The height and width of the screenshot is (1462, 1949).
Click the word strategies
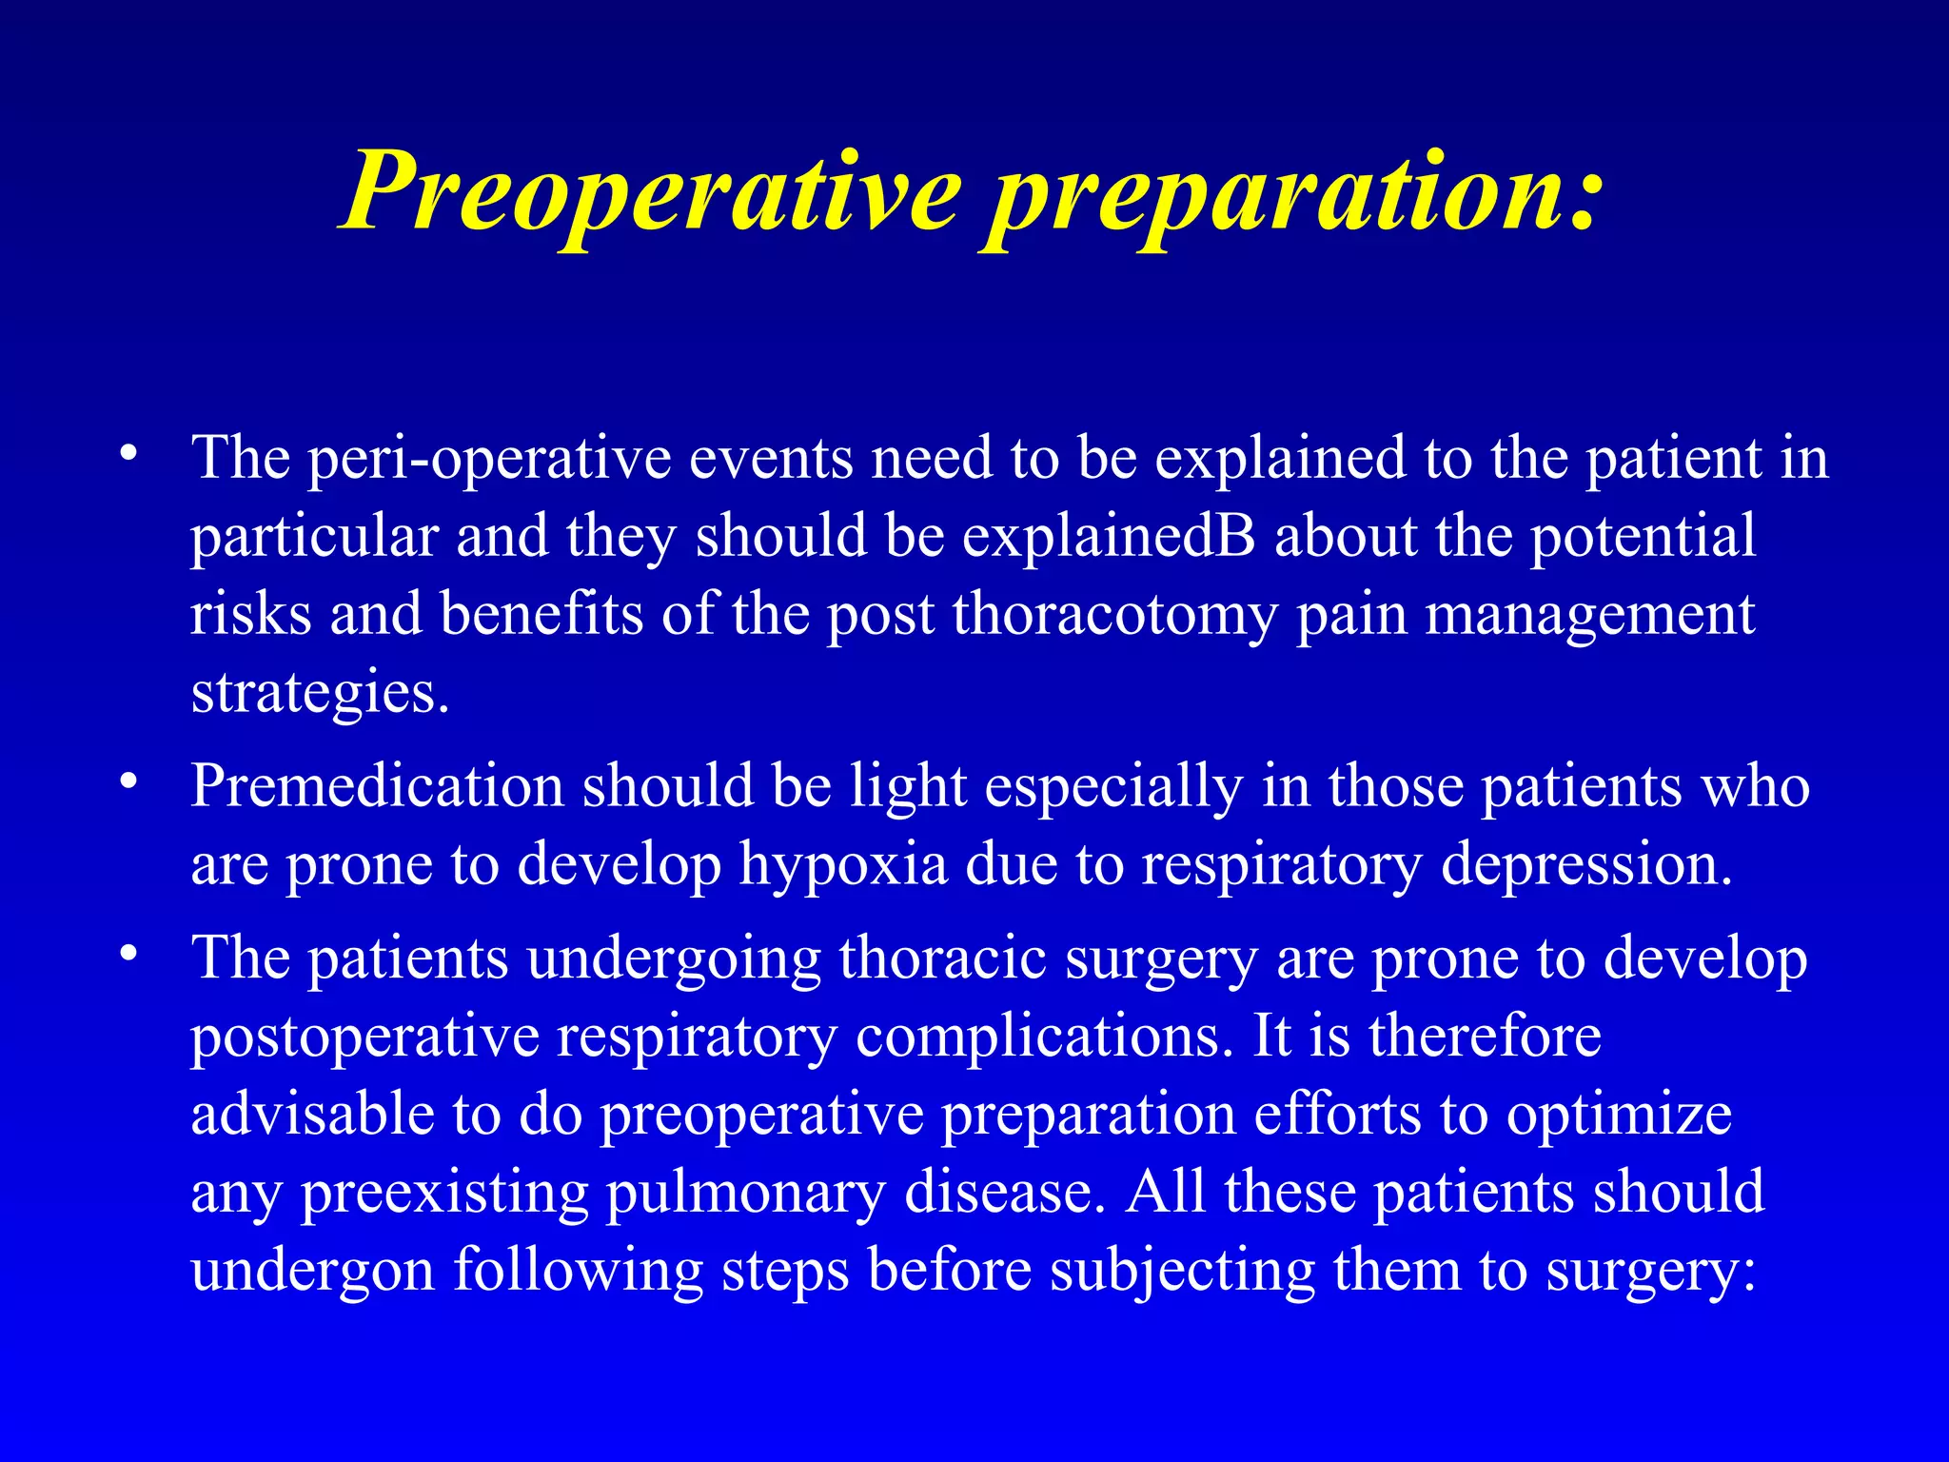pos(319,693)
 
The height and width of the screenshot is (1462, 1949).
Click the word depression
pos(1586,865)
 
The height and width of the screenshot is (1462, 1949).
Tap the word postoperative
pos(365,1037)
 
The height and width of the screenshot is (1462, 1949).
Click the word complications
pos(1038,1037)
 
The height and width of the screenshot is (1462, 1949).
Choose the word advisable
pos(312,1115)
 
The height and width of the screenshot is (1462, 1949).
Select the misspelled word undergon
pos(312,1271)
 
